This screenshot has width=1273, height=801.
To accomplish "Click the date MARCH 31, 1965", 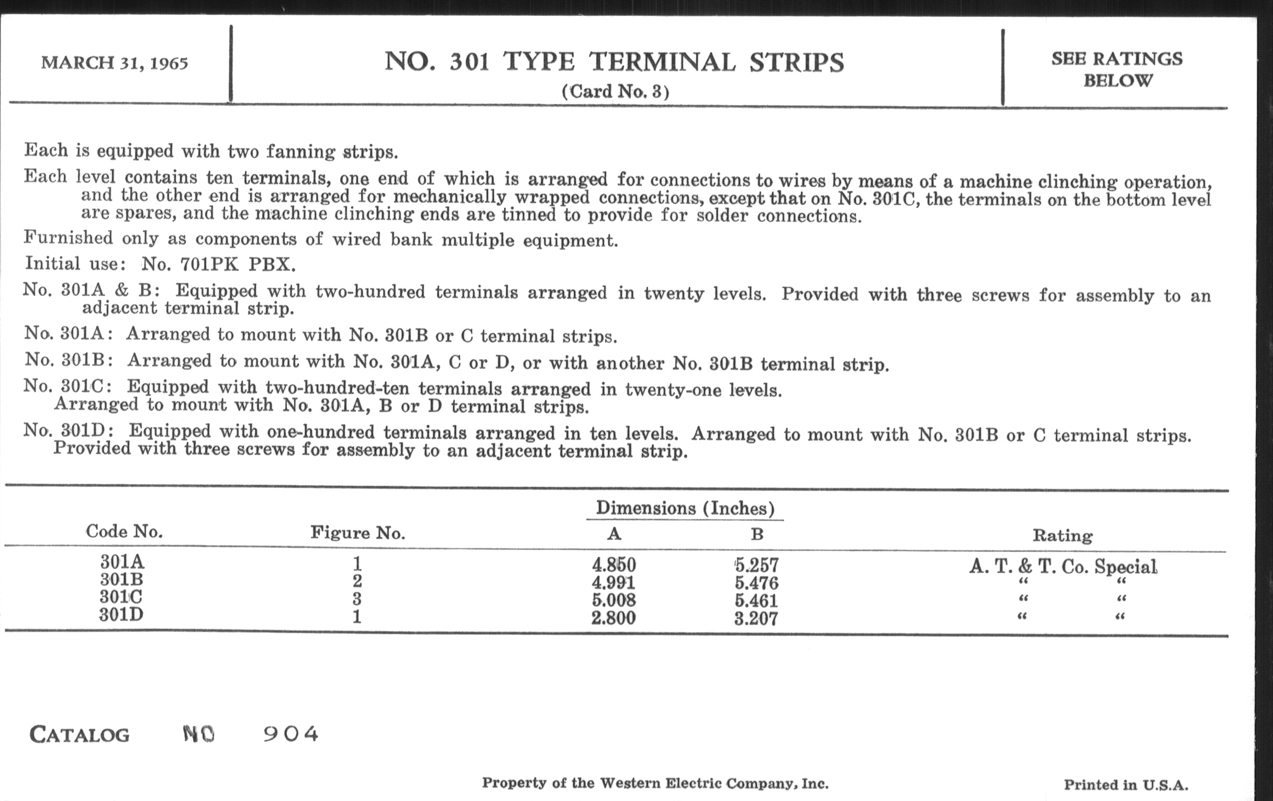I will click(x=115, y=63).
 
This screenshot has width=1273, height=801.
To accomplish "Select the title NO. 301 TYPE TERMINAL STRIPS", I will click(x=614, y=62).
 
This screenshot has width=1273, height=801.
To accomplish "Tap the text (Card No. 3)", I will click(x=616, y=92).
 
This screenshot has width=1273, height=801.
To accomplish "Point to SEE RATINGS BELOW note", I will click(x=1116, y=69).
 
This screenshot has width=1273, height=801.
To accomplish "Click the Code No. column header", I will click(x=124, y=531).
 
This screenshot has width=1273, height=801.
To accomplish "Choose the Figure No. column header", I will click(x=358, y=532).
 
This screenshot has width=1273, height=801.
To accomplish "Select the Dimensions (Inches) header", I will click(x=685, y=508).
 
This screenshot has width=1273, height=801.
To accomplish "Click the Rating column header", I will click(x=1063, y=536).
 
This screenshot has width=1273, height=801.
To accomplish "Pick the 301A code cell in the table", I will click(x=122, y=561).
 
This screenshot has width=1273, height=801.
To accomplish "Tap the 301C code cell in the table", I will click(x=121, y=597).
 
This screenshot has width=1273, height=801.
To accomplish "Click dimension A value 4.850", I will click(x=614, y=565).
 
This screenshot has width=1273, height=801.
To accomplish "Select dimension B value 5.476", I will click(x=756, y=583).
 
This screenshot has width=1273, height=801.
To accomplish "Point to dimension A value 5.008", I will click(x=614, y=600).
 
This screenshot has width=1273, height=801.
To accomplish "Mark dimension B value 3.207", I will click(x=756, y=619).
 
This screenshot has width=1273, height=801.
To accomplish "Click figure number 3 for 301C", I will click(x=357, y=599).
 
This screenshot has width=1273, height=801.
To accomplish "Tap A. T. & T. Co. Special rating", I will click(x=1063, y=566).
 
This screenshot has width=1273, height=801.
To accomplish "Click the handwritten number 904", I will click(x=291, y=733).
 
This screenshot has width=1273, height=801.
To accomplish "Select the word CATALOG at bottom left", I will click(x=79, y=735).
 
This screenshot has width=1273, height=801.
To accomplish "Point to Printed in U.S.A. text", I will click(x=1126, y=785).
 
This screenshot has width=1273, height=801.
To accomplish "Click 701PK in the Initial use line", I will click(x=209, y=264).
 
